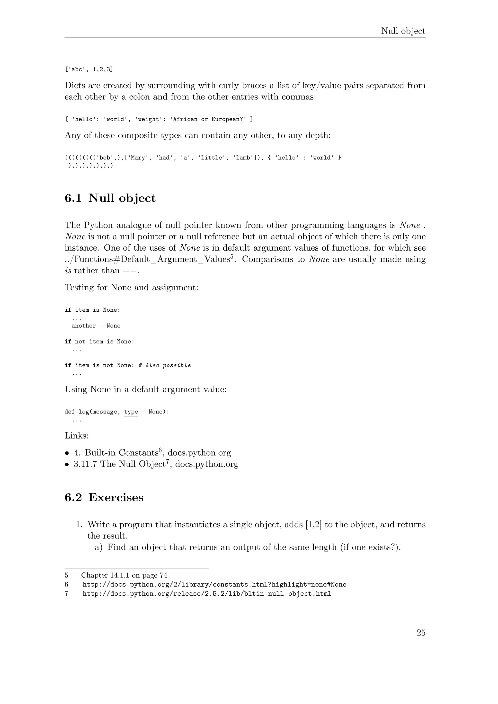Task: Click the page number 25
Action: coord(421,633)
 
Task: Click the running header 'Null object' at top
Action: coord(403,31)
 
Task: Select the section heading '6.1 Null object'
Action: coord(110,198)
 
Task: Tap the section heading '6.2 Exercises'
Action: coord(104,497)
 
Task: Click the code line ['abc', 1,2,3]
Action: coord(89,70)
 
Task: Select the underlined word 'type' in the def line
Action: coord(131,412)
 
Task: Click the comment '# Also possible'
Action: coord(165,365)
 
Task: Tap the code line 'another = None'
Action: coord(96,326)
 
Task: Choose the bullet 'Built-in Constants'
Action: coord(121,453)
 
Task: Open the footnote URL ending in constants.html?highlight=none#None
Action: coord(214,585)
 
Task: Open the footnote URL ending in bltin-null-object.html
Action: coord(207,594)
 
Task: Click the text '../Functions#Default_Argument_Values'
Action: coord(147,259)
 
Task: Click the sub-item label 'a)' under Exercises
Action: coord(99,547)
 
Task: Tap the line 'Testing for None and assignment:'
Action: coord(132,288)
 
